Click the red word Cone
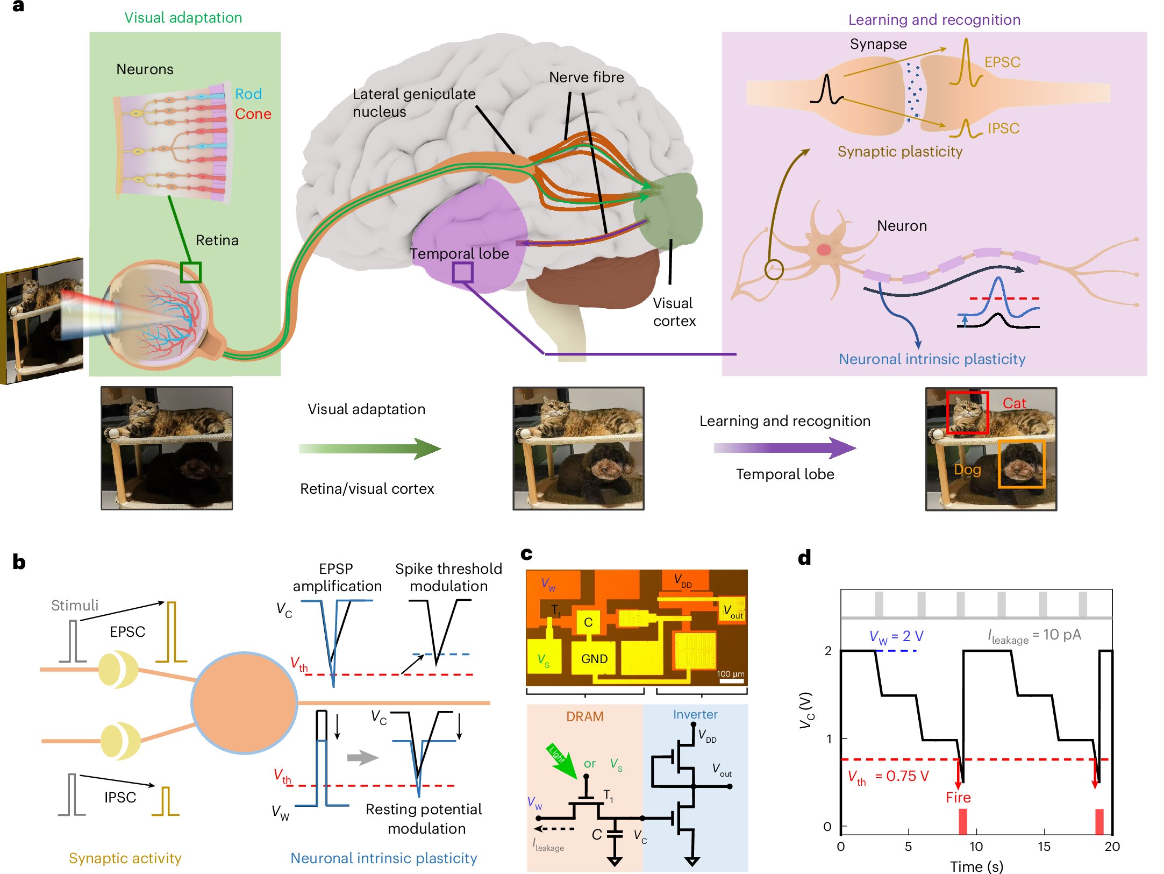tap(253, 114)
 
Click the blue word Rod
tap(248, 94)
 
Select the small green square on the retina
tap(190, 272)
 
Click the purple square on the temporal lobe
tap(462, 273)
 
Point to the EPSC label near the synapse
tap(1002, 62)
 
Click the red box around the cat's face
tap(967, 413)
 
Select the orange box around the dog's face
tap(1021, 464)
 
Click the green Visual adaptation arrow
tap(370, 449)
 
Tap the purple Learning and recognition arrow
tap(784, 447)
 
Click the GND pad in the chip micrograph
tap(594, 659)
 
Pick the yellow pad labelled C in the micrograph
tap(588, 622)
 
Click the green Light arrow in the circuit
tap(561, 761)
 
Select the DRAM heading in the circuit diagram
tap(584, 716)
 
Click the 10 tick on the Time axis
tap(976, 846)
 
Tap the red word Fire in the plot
tap(958, 797)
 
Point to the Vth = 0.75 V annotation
tap(888, 776)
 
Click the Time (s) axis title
tap(976, 866)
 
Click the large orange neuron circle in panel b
tap(244, 702)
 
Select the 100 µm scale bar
tap(731, 681)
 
